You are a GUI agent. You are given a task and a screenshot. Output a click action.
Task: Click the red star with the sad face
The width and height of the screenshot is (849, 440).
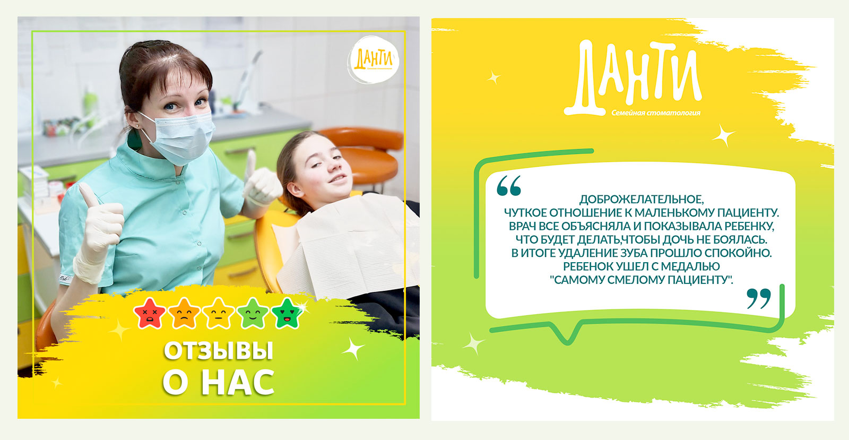pyautogui.click(x=150, y=314)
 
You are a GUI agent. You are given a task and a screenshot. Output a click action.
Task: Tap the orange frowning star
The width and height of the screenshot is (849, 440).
pyautogui.click(x=184, y=314)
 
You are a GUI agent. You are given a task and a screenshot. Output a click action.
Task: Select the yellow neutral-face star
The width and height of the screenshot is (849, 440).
pyautogui.click(x=218, y=314)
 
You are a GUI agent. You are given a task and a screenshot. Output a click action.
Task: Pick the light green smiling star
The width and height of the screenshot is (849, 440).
pyautogui.click(x=253, y=314)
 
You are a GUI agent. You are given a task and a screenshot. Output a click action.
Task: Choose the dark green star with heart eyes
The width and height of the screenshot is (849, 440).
pyautogui.click(x=287, y=314)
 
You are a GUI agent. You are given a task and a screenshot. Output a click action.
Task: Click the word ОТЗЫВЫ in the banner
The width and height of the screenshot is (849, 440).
pyautogui.click(x=218, y=350)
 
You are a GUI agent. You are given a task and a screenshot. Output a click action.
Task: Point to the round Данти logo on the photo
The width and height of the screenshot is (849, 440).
pyautogui.click(x=373, y=60)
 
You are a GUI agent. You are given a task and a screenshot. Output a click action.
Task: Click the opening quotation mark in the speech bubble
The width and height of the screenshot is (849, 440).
pyautogui.click(x=509, y=185)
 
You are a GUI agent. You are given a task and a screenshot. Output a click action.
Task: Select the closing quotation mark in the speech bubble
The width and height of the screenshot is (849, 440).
pyautogui.click(x=759, y=298)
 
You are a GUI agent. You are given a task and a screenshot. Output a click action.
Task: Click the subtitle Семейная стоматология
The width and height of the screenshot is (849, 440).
pyautogui.click(x=656, y=113)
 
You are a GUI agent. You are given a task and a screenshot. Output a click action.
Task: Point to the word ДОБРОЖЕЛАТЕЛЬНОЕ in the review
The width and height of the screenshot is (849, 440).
pyautogui.click(x=642, y=200)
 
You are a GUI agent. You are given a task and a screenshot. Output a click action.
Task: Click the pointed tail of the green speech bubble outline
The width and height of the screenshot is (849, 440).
pyautogui.click(x=567, y=342)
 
